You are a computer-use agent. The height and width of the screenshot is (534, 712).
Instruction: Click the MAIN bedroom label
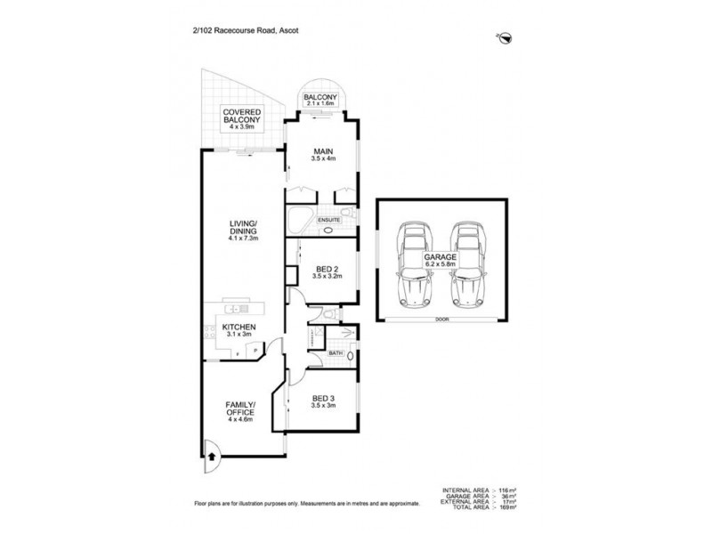coord(321,154)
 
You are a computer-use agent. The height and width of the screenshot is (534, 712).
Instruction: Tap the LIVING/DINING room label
coord(241,233)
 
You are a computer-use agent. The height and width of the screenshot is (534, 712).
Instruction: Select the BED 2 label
coord(325,272)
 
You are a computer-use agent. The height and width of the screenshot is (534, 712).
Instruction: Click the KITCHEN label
coord(239,331)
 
